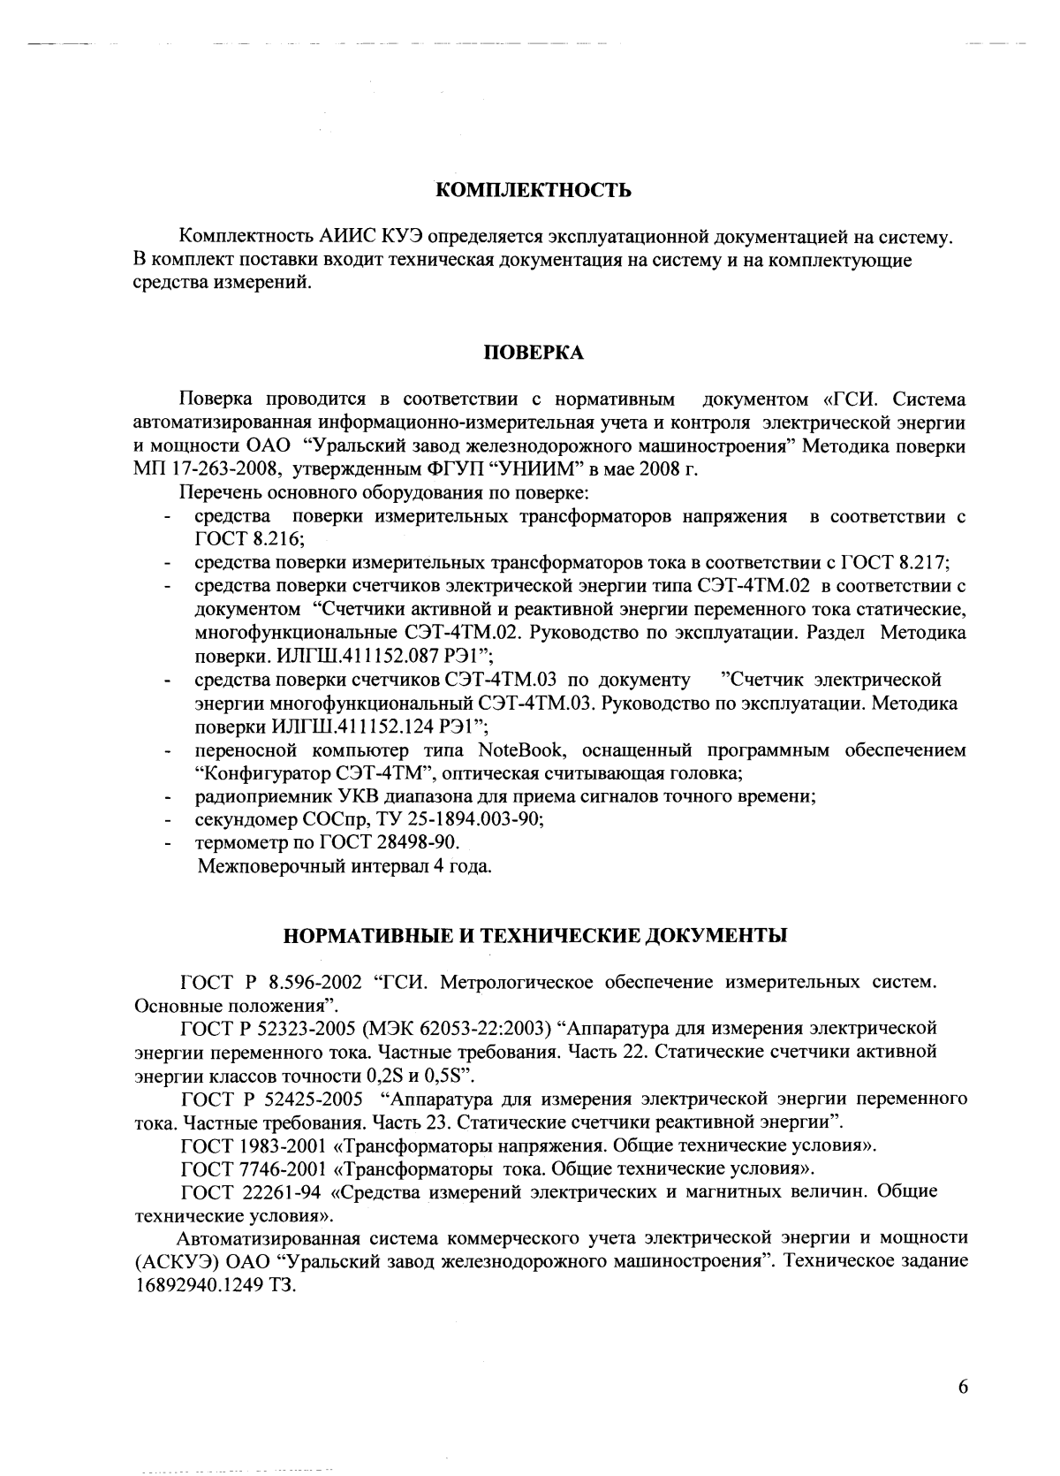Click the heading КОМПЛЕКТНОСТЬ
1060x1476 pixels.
coord(534,190)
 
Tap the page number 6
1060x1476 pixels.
coord(963,1387)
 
